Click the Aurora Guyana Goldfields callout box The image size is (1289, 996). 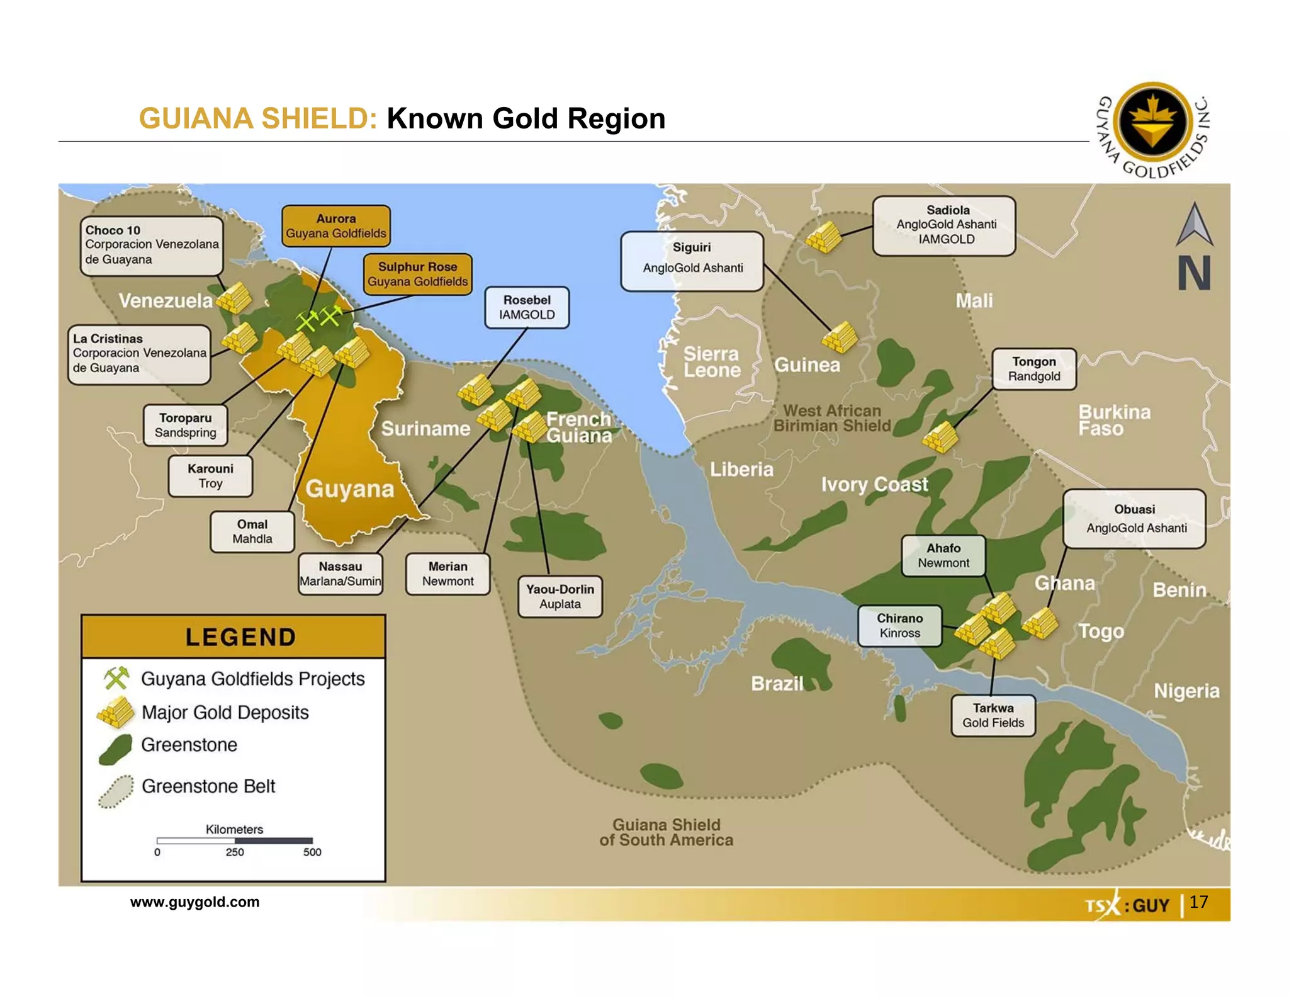(x=336, y=226)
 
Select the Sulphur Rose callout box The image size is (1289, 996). (x=417, y=274)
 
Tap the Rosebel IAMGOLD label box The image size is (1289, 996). (x=527, y=308)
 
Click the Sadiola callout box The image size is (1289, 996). (x=944, y=225)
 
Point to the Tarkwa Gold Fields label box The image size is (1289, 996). (x=993, y=716)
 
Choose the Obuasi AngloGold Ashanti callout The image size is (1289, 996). (x=1134, y=519)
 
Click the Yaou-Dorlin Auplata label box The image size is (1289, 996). (x=560, y=597)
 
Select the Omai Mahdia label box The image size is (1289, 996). (x=252, y=532)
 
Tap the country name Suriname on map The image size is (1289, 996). (x=425, y=429)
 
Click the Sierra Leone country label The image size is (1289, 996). (x=711, y=362)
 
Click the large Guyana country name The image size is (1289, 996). (x=350, y=489)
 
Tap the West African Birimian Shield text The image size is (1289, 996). (x=831, y=419)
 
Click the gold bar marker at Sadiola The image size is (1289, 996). (x=823, y=238)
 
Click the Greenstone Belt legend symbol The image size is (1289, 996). (x=116, y=791)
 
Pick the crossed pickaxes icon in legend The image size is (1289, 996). (x=116, y=678)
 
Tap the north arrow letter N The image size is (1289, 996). (x=1194, y=273)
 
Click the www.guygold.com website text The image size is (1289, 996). (x=194, y=902)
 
